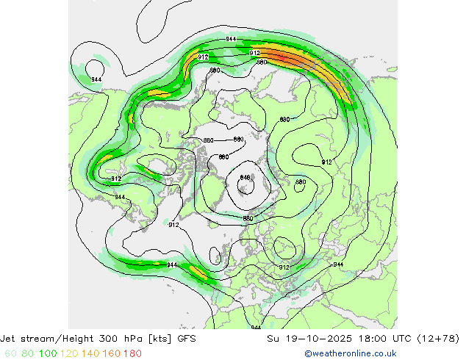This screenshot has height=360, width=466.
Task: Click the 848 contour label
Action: [245, 178]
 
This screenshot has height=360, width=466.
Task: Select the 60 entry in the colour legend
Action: [11, 353]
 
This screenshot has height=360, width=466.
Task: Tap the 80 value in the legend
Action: [29, 353]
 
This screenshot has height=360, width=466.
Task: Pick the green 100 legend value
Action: [48, 353]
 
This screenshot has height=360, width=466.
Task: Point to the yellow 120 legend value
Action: [70, 353]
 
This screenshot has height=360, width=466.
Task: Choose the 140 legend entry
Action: [91, 353]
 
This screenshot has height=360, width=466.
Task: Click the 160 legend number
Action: [112, 353]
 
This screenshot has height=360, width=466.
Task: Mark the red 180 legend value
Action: [133, 353]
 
